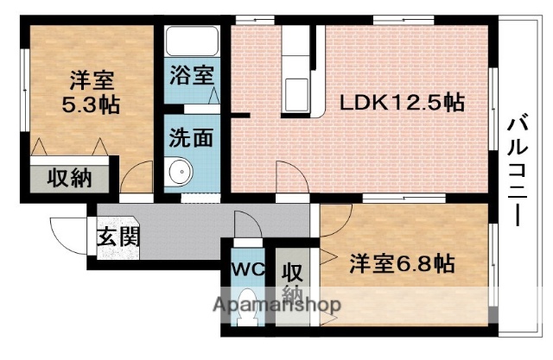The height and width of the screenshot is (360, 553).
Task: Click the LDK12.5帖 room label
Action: click(x=401, y=103)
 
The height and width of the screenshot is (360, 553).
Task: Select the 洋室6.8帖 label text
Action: click(x=402, y=262)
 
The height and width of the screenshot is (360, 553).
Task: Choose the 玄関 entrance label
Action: click(x=118, y=235)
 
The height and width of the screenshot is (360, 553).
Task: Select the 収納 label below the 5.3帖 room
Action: click(x=70, y=179)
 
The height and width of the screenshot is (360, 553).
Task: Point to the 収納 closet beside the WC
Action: click(x=293, y=281)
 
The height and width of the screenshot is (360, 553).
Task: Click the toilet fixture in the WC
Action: click(x=248, y=311)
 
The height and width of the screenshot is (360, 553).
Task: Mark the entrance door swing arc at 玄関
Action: click(x=66, y=231)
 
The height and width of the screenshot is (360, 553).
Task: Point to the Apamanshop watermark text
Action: click(x=276, y=305)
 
